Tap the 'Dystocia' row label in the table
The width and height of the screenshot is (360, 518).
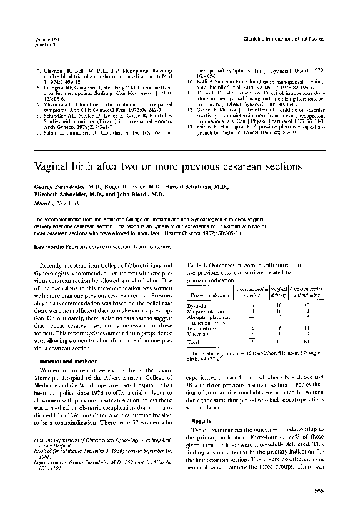[198, 305]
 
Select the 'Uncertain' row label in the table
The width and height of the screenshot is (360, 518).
[199, 333]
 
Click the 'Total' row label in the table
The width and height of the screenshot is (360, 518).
[194, 342]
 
